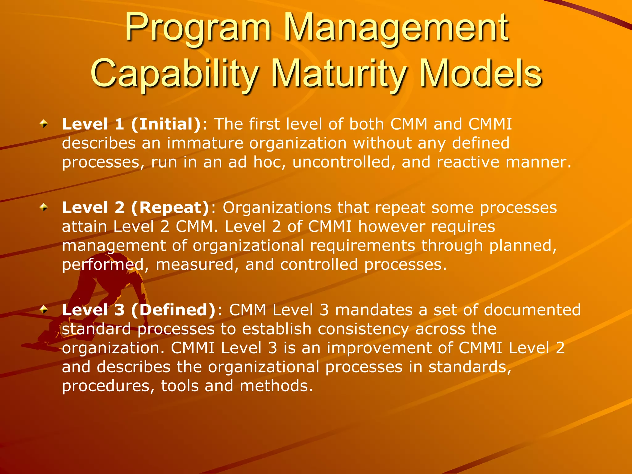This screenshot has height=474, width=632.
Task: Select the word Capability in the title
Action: tap(175, 74)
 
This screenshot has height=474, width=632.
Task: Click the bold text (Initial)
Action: tap(166, 124)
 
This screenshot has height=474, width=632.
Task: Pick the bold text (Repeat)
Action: tap(170, 208)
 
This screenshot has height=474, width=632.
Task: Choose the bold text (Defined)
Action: tap(173, 310)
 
